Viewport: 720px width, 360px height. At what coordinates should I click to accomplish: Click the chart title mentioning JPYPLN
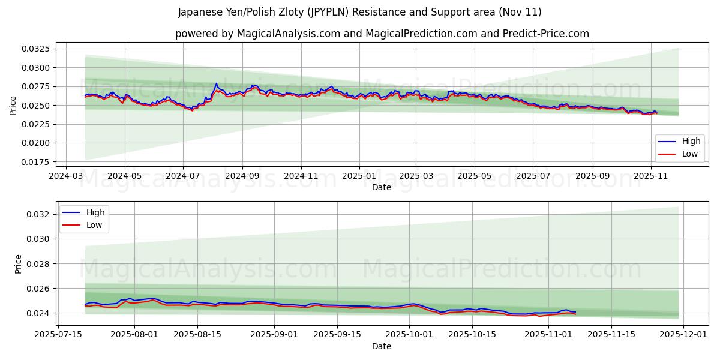point(360,12)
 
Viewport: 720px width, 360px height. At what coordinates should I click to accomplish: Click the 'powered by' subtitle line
point(382,34)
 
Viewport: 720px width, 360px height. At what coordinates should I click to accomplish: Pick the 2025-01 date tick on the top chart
point(359,176)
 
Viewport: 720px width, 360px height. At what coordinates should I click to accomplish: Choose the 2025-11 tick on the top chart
point(651,176)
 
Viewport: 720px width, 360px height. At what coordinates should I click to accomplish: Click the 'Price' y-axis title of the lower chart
point(19,264)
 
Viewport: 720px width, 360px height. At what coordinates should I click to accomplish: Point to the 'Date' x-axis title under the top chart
point(382,187)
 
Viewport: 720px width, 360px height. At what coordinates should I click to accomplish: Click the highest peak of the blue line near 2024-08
point(217,83)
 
